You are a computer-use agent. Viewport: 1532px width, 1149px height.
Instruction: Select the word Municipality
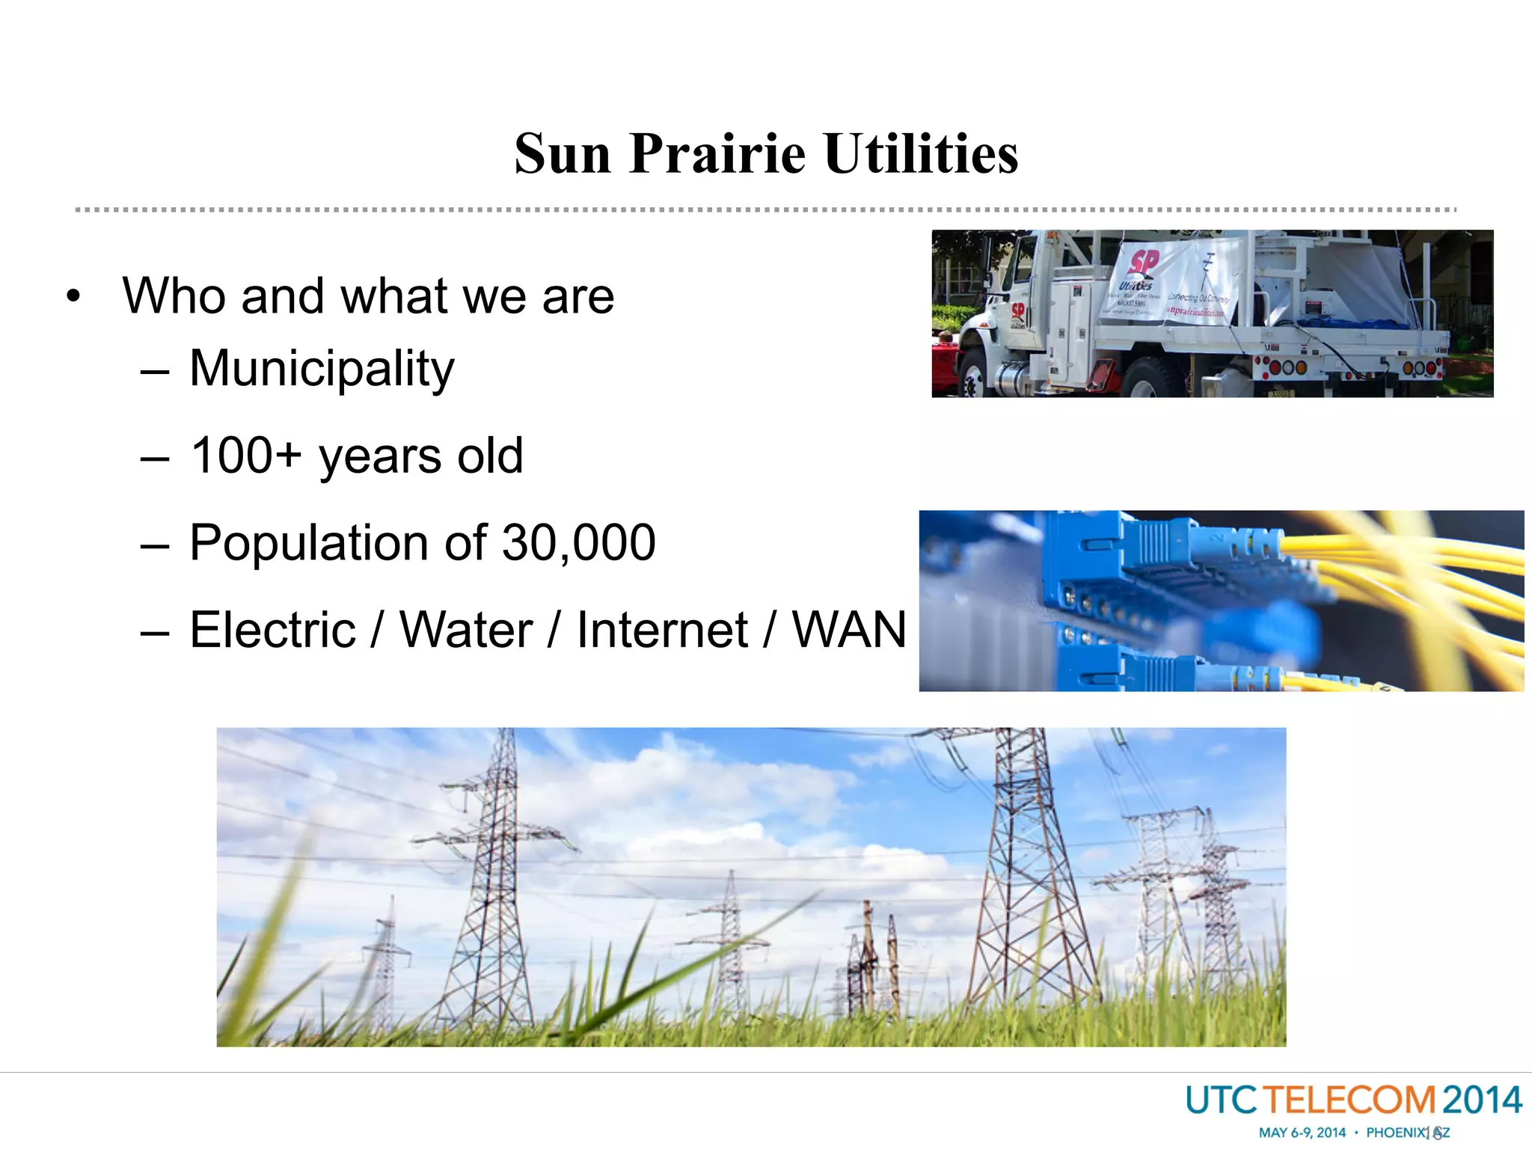click(x=322, y=370)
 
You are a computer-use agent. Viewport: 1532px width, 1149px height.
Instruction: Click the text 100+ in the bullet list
click(x=246, y=456)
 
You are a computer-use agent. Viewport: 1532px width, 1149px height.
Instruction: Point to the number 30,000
click(x=578, y=542)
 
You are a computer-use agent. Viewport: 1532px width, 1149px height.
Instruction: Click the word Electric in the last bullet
click(x=272, y=630)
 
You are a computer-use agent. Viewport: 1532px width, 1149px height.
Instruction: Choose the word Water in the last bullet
click(x=466, y=630)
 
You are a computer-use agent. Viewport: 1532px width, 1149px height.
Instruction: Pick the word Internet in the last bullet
click(x=662, y=630)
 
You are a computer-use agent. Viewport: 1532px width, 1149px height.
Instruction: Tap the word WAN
click(x=849, y=630)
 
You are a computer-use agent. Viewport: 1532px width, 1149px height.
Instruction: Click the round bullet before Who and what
click(x=73, y=296)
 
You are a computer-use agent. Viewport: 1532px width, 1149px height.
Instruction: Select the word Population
click(x=338, y=544)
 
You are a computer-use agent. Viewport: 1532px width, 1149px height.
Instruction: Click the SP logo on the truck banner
click(x=1143, y=263)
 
